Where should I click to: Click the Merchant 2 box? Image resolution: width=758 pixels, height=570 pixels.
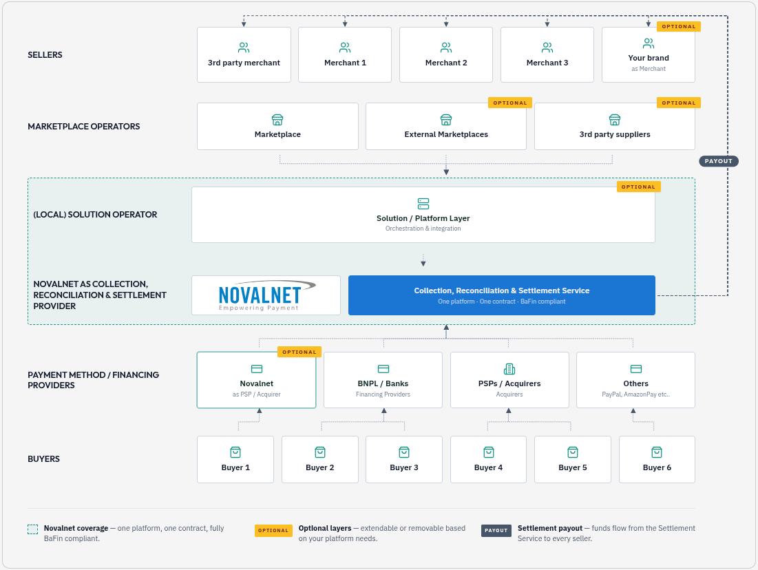click(x=445, y=54)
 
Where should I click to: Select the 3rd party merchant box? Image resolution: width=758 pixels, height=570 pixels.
click(x=244, y=54)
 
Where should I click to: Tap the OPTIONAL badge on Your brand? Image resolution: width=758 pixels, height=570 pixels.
click(x=679, y=27)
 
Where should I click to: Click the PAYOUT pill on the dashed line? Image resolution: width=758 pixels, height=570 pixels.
click(x=718, y=161)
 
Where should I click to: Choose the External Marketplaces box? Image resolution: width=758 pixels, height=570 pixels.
click(x=445, y=126)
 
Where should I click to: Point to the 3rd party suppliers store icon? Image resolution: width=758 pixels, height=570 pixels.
click(x=614, y=119)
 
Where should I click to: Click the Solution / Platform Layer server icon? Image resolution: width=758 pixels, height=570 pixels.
click(x=423, y=204)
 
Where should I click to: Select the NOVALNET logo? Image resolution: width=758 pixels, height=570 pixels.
click(x=266, y=295)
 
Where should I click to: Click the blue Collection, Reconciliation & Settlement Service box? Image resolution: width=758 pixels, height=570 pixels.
click(x=502, y=295)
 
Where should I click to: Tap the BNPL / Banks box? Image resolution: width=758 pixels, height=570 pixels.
click(x=383, y=380)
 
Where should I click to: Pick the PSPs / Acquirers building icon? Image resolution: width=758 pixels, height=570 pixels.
click(x=509, y=370)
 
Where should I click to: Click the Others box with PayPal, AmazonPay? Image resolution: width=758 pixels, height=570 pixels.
click(x=635, y=380)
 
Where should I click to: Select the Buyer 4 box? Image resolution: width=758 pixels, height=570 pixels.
click(x=488, y=459)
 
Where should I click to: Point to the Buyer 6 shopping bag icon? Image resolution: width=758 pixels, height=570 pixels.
click(x=657, y=452)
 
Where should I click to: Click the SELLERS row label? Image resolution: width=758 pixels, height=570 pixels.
click(x=45, y=54)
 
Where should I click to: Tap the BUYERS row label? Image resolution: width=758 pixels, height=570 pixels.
click(x=43, y=458)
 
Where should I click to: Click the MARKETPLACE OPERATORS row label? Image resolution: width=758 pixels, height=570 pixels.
click(x=83, y=126)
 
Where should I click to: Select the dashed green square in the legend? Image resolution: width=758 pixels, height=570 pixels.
click(x=32, y=529)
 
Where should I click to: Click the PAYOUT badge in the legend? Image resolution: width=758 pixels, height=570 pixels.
click(x=496, y=530)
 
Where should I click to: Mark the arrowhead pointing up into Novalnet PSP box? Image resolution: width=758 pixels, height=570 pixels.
click(x=260, y=411)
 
